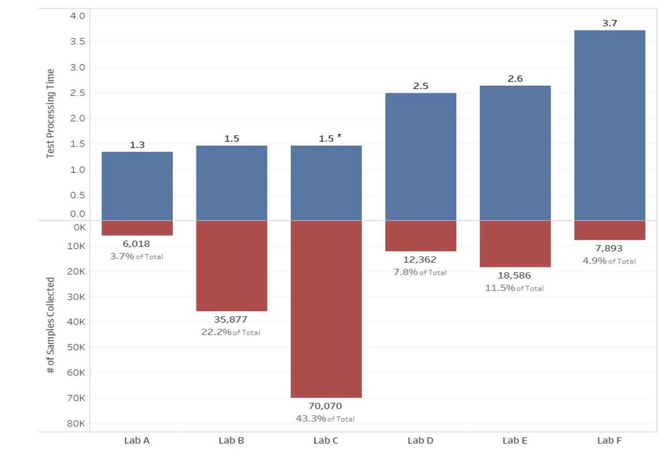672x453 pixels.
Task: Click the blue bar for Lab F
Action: coord(610,125)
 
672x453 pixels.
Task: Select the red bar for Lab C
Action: coord(326,309)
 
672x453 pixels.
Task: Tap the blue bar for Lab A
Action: coord(137,186)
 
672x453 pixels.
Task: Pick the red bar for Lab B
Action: coord(231,266)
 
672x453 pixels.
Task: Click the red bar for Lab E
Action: coord(515,244)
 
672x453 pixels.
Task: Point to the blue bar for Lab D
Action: coord(421,156)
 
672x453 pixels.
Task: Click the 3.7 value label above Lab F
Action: coord(610,24)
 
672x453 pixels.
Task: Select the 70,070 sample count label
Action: coord(325,406)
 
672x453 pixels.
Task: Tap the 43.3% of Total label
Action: coord(325,419)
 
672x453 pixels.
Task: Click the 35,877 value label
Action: coord(231,320)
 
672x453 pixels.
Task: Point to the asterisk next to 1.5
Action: coord(339,136)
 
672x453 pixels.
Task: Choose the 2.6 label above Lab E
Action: coord(515,79)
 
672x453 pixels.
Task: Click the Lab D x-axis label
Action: coord(420,440)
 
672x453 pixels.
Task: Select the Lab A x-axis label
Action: coord(137,440)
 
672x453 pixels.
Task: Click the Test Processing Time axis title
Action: coord(50,113)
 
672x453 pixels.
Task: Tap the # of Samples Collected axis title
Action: coord(50,326)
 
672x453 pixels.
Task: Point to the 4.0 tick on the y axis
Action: coord(78,16)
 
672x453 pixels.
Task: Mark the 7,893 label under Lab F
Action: coord(609,248)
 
